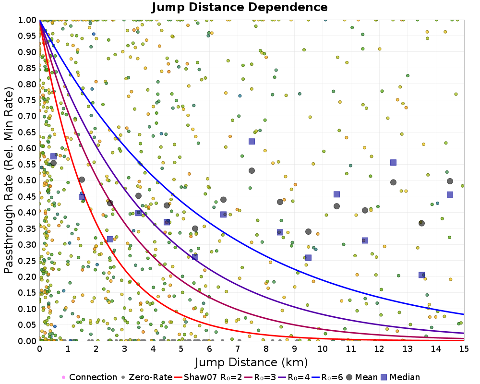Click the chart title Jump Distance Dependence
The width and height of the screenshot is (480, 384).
240,8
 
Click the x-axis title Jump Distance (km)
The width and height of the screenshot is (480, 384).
252,361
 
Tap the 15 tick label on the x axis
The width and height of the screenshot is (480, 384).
464,349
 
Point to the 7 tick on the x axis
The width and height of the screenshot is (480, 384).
238,349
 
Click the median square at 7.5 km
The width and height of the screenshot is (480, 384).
252,141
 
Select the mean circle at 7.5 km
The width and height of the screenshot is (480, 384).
252,170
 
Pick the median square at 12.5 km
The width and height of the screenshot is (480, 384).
393,162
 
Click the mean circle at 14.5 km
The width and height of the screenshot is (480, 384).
450,181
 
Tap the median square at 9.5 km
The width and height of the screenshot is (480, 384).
308,258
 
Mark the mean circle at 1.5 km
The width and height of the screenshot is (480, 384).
82,180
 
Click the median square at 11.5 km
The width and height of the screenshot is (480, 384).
365,240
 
